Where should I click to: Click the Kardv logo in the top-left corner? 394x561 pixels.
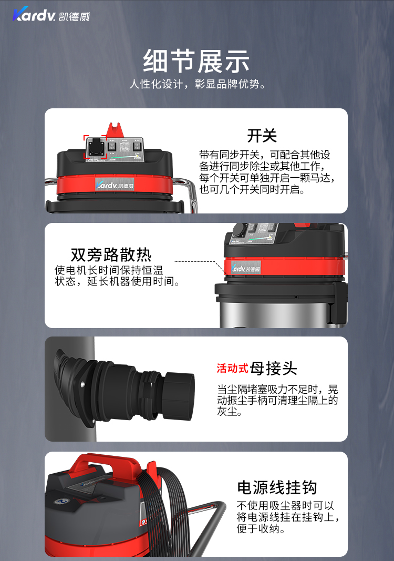[51, 14]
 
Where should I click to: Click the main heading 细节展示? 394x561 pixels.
[196, 61]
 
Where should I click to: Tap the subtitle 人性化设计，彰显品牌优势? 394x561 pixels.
[198, 84]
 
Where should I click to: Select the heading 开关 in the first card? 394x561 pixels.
[262, 136]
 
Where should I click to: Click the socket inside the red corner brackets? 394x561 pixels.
[96, 147]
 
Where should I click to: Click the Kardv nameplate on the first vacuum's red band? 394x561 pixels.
[115, 184]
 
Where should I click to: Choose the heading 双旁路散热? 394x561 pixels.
[111, 255]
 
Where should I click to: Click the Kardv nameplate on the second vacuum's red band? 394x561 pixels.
[246, 268]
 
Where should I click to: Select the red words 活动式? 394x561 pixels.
[232, 368]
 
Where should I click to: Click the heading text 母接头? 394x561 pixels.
[274, 368]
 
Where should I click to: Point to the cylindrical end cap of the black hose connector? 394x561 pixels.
[179, 395]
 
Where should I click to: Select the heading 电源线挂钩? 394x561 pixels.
[277, 487]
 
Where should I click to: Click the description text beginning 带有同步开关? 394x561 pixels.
[267, 172]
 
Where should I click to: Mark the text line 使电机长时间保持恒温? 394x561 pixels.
[109, 270]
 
